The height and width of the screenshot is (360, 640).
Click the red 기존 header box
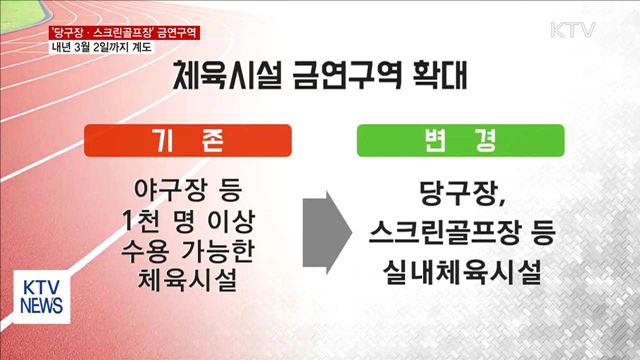tap(183, 143)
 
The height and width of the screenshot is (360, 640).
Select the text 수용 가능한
tap(183, 250)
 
